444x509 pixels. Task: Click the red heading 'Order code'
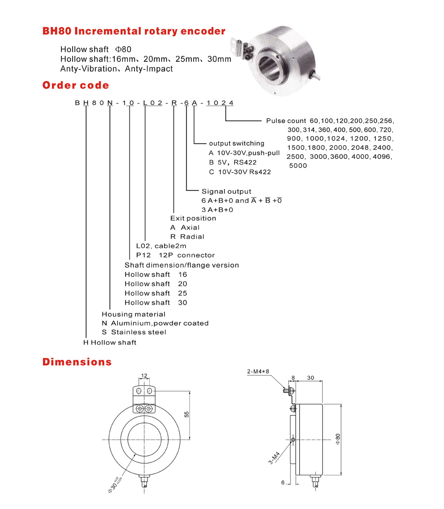tap(75, 85)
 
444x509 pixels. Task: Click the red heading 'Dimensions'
tap(77, 362)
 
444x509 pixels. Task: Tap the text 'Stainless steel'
tap(139, 332)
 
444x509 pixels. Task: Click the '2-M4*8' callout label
tap(259, 372)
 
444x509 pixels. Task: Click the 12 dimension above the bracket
tap(144, 376)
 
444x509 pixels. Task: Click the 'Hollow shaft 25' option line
tap(156, 293)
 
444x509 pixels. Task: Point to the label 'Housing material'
tap(134, 314)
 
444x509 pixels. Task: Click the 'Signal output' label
tap(226, 192)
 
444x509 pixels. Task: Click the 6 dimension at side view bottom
tap(283, 482)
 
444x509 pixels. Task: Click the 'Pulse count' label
tap(286, 121)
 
